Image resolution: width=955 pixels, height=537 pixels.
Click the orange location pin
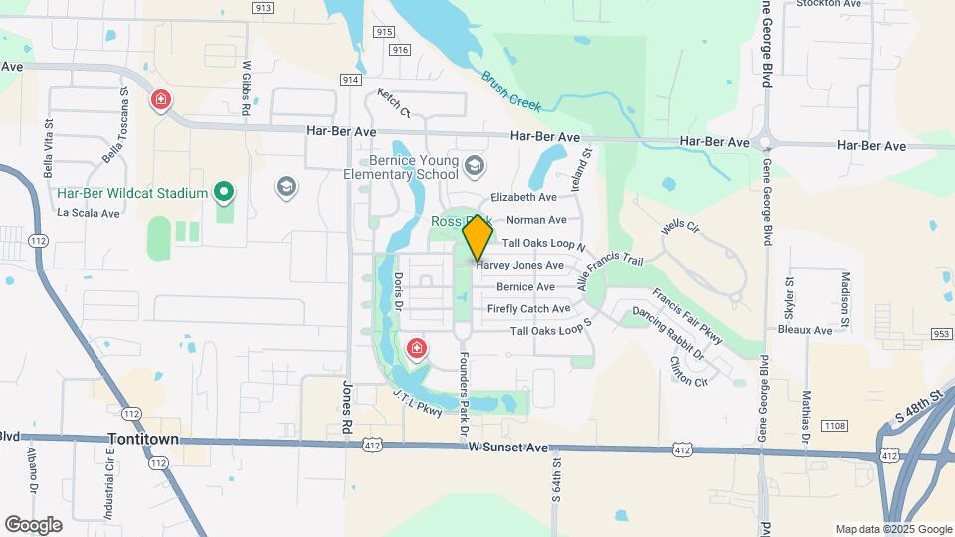pyautogui.click(x=478, y=236)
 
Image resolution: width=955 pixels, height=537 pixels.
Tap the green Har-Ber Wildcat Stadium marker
pyautogui.click(x=225, y=192)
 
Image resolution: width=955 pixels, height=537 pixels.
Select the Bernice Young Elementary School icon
pyautogui.click(x=475, y=164)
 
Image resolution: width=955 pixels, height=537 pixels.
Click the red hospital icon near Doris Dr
pyautogui.click(x=417, y=348)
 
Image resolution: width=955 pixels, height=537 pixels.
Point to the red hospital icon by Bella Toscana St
pyautogui.click(x=160, y=100)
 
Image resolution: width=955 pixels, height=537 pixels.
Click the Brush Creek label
pyautogui.click(x=510, y=89)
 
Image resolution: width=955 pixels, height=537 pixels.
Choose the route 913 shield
pyautogui.click(x=263, y=8)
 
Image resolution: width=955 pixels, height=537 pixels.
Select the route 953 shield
pyautogui.click(x=943, y=334)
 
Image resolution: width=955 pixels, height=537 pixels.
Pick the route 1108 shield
pyautogui.click(x=834, y=425)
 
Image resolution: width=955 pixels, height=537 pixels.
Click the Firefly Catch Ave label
pyautogui.click(x=529, y=309)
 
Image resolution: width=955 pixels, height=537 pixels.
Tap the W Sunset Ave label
pyautogui.click(x=509, y=449)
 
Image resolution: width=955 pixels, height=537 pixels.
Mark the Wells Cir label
pyautogui.click(x=680, y=228)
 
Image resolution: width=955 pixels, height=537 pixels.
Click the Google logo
pyautogui.click(x=33, y=524)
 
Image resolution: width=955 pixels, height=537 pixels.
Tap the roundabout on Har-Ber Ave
pyautogui.click(x=766, y=141)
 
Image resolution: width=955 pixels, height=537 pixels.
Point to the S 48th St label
pyautogui.click(x=916, y=407)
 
